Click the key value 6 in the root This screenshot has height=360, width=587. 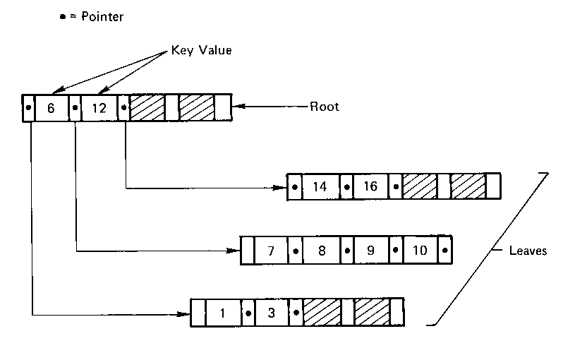(x=51, y=108)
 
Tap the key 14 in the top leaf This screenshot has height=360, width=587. (x=320, y=187)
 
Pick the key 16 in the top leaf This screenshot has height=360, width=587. (x=372, y=187)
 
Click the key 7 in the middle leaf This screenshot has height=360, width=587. (x=270, y=251)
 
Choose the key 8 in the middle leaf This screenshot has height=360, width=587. (x=322, y=251)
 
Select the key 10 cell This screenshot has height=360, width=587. (x=419, y=251)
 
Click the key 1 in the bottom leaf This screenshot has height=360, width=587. (x=222, y=311)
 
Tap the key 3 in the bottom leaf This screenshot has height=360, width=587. (x=272, y=311)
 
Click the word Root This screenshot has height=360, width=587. (x=325, y=107)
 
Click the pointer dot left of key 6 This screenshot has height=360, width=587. (x=28, y=108)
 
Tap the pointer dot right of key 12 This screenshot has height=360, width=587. (x=123, y=108)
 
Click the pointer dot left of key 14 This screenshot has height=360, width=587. (x=294, y=188)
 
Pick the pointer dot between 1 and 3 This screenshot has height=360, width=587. (x=248, y=311)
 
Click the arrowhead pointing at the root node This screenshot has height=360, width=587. (x=241, y=107)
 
